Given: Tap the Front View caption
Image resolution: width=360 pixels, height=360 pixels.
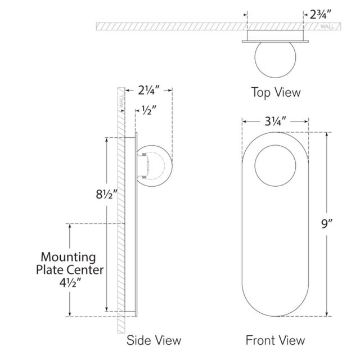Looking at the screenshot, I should point(275,340).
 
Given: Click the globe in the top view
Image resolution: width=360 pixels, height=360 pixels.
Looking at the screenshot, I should point(275,61).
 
